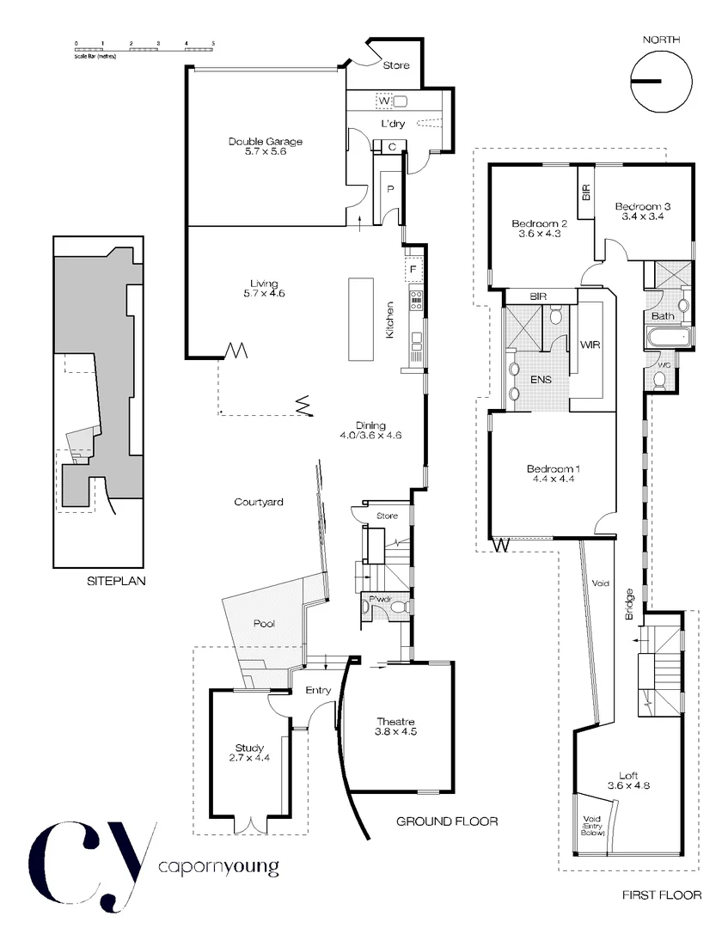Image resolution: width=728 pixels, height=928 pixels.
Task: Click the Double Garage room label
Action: (265, 146)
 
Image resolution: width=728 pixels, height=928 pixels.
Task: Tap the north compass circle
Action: (660, 82)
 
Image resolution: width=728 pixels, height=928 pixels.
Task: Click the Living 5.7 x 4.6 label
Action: (265, 288)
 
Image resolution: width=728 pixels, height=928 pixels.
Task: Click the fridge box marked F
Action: (413, 270)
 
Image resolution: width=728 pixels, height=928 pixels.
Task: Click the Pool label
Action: (264, 623)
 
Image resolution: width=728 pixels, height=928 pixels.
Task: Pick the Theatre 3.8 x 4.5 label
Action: (396, 727)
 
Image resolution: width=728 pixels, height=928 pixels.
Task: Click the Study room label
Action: (249, 753)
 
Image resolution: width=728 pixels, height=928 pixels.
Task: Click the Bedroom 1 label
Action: (554, 473)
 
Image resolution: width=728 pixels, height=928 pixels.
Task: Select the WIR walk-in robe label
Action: (590, 345)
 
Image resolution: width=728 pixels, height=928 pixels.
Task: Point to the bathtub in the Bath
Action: (669, 337)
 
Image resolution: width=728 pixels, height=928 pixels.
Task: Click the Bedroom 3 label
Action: (642, 211)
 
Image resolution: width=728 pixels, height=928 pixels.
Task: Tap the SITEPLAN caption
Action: (116, 581)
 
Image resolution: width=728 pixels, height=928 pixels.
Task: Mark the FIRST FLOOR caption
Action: (662, 895)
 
